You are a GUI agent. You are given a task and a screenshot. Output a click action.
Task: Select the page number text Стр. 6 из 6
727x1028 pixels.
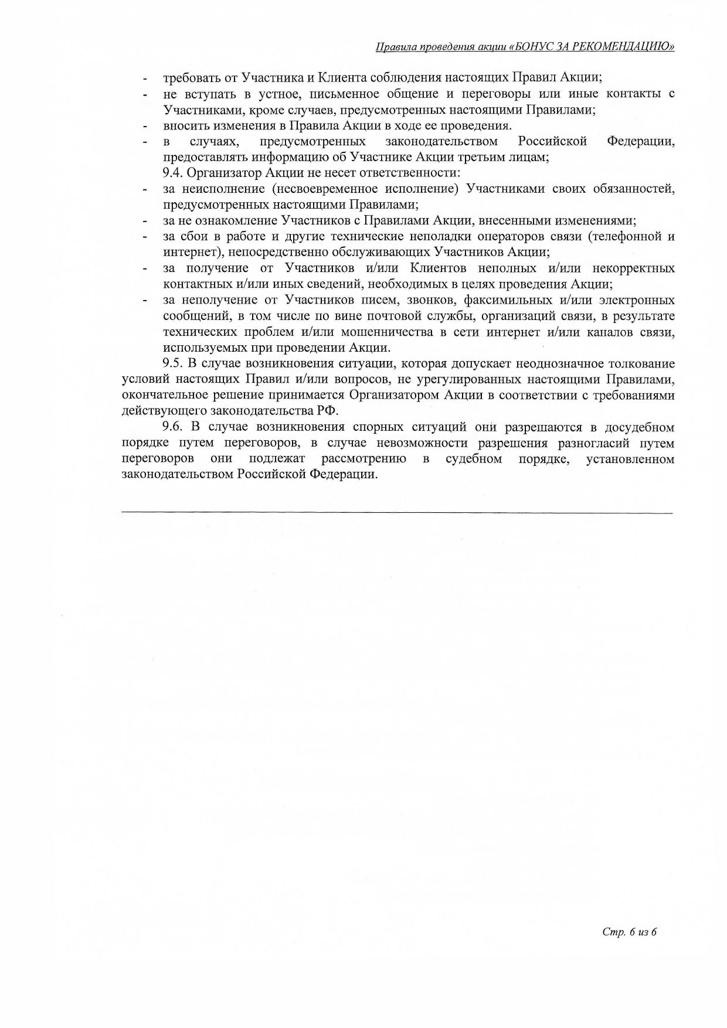(629, 931)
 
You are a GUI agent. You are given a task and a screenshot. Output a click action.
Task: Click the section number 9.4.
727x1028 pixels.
(172, 173)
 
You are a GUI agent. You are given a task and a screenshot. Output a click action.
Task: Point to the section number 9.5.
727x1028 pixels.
(172, 364)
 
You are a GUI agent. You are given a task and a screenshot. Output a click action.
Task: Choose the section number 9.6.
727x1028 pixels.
(172, 427)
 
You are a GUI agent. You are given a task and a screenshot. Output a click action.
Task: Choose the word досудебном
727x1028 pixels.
(632, 427)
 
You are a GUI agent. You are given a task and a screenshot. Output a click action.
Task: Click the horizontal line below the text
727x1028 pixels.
(397, 513)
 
